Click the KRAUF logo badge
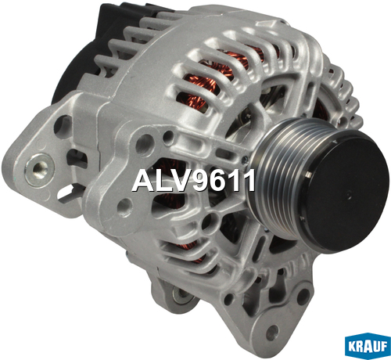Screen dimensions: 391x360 (368, 346)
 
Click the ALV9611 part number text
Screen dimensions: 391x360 (193, 181)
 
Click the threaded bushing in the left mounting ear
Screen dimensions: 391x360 (39, 170)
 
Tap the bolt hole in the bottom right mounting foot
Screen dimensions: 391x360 (272, 332)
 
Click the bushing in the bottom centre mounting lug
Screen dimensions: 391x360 (182, 294)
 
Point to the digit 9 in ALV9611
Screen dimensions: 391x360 (200, 181)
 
